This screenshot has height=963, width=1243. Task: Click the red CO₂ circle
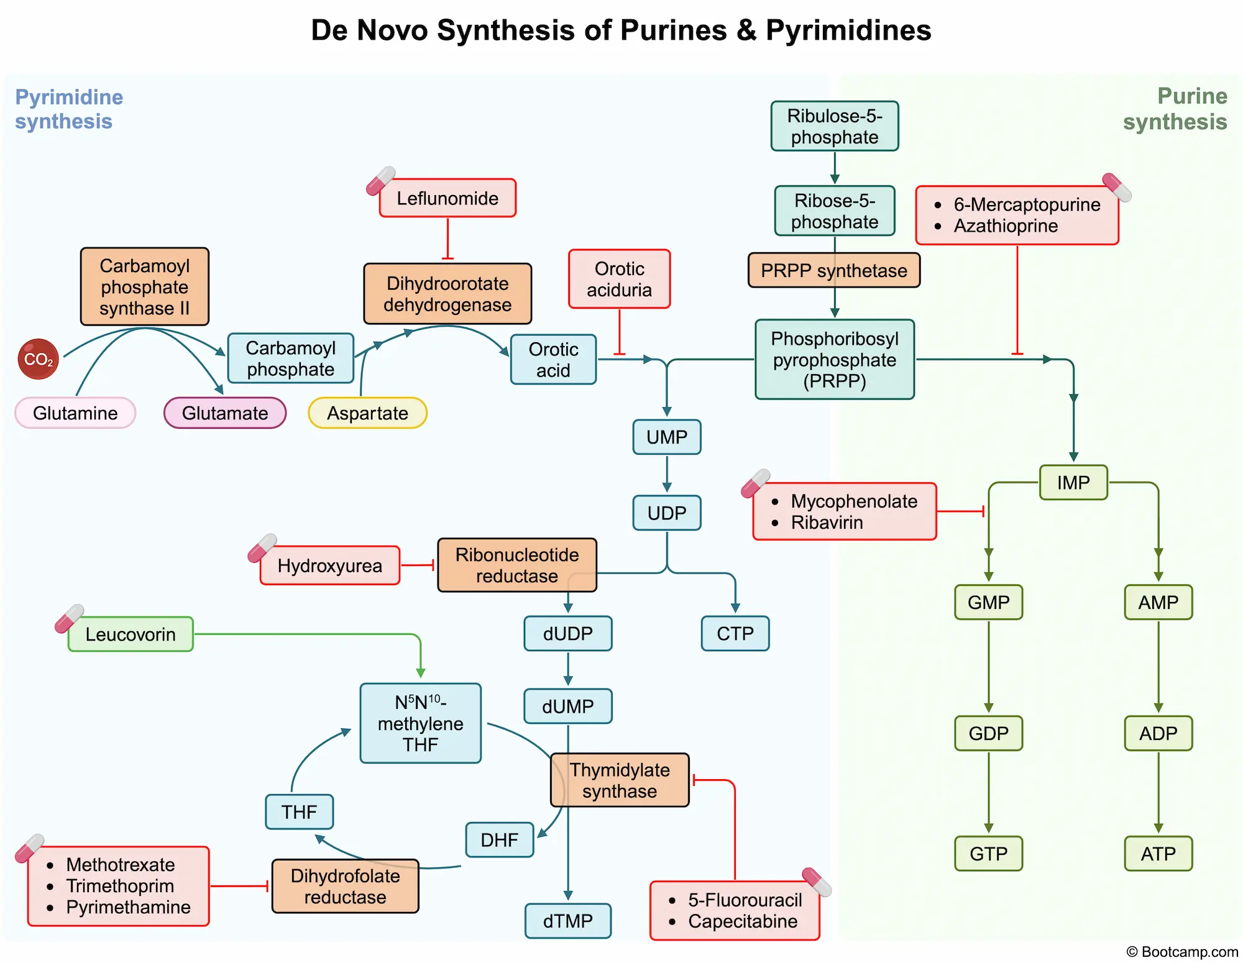pyautogui.click(x=38, y=359)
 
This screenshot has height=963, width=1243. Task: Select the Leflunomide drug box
pyautogui.click(x=447, y=198)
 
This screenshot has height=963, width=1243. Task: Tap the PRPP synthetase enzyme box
pyautogui.click(x=833, y=270)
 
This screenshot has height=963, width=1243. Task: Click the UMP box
pyautogui.click(x=666, y=437)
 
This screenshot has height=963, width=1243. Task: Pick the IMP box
pyautogui.click(x=1073, y=482)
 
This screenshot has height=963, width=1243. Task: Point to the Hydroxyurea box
pyautogui.click(x=329, y=565)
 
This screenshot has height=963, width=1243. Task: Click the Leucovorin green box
pyautogui.click(x=131, y=634)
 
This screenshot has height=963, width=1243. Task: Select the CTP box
pyautogui.click(x=735, y=633)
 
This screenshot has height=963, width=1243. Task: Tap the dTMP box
pyautogui.click(x=567, y=920)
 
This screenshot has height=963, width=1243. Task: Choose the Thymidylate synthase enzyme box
pyautogui.click(x=620, y=780)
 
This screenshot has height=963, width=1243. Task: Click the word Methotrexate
pyautogui.click(x=121, y=864)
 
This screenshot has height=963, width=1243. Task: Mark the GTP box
pyautogui.click(x=988, y=853)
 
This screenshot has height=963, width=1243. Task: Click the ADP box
pyautogui.click(x=1158, y=733)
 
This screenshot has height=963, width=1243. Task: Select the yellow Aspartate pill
pyautogui.click(x=367, y=413)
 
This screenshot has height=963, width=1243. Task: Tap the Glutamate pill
pyautogui.click(x=225, y=413)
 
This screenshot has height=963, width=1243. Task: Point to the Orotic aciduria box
pyautogui.click(x=619, y=279)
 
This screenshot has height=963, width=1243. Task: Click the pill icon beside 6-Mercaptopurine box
pyautogui.click(x=1117, y=187)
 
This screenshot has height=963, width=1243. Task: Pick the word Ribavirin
pyautogui.click(x=827, y=523)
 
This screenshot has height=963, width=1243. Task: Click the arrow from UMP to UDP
pyautogui.click(x=666, y=475)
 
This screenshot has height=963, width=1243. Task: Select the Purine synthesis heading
pyautogui.click(x=1175, y=109)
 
